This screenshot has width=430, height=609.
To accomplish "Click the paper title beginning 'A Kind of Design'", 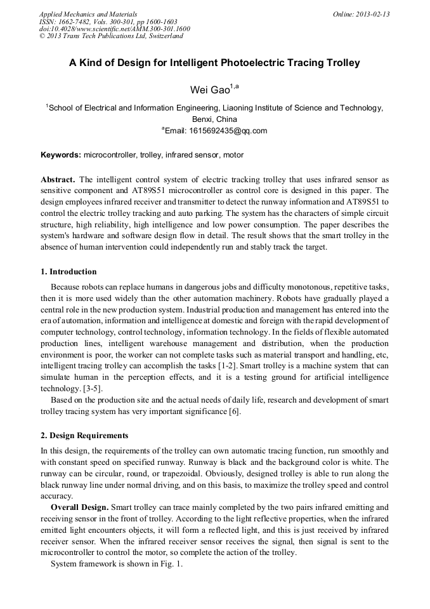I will (214, 63).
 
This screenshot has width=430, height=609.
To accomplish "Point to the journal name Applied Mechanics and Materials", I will (88, 14).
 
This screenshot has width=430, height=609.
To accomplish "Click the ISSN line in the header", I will (108, 22).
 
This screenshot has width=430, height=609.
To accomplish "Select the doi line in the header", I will (114, 29).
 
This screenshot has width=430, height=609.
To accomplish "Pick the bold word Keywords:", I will (61, 155).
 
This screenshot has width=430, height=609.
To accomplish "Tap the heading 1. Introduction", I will (68, 272).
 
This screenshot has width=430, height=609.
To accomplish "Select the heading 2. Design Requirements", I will (84, 436).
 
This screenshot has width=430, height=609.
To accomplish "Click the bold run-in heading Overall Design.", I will (80, 507).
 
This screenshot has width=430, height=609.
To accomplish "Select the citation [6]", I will (232, 411).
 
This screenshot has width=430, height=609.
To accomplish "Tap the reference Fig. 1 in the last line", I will (172, 564).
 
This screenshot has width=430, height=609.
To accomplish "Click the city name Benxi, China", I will (214, 119).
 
